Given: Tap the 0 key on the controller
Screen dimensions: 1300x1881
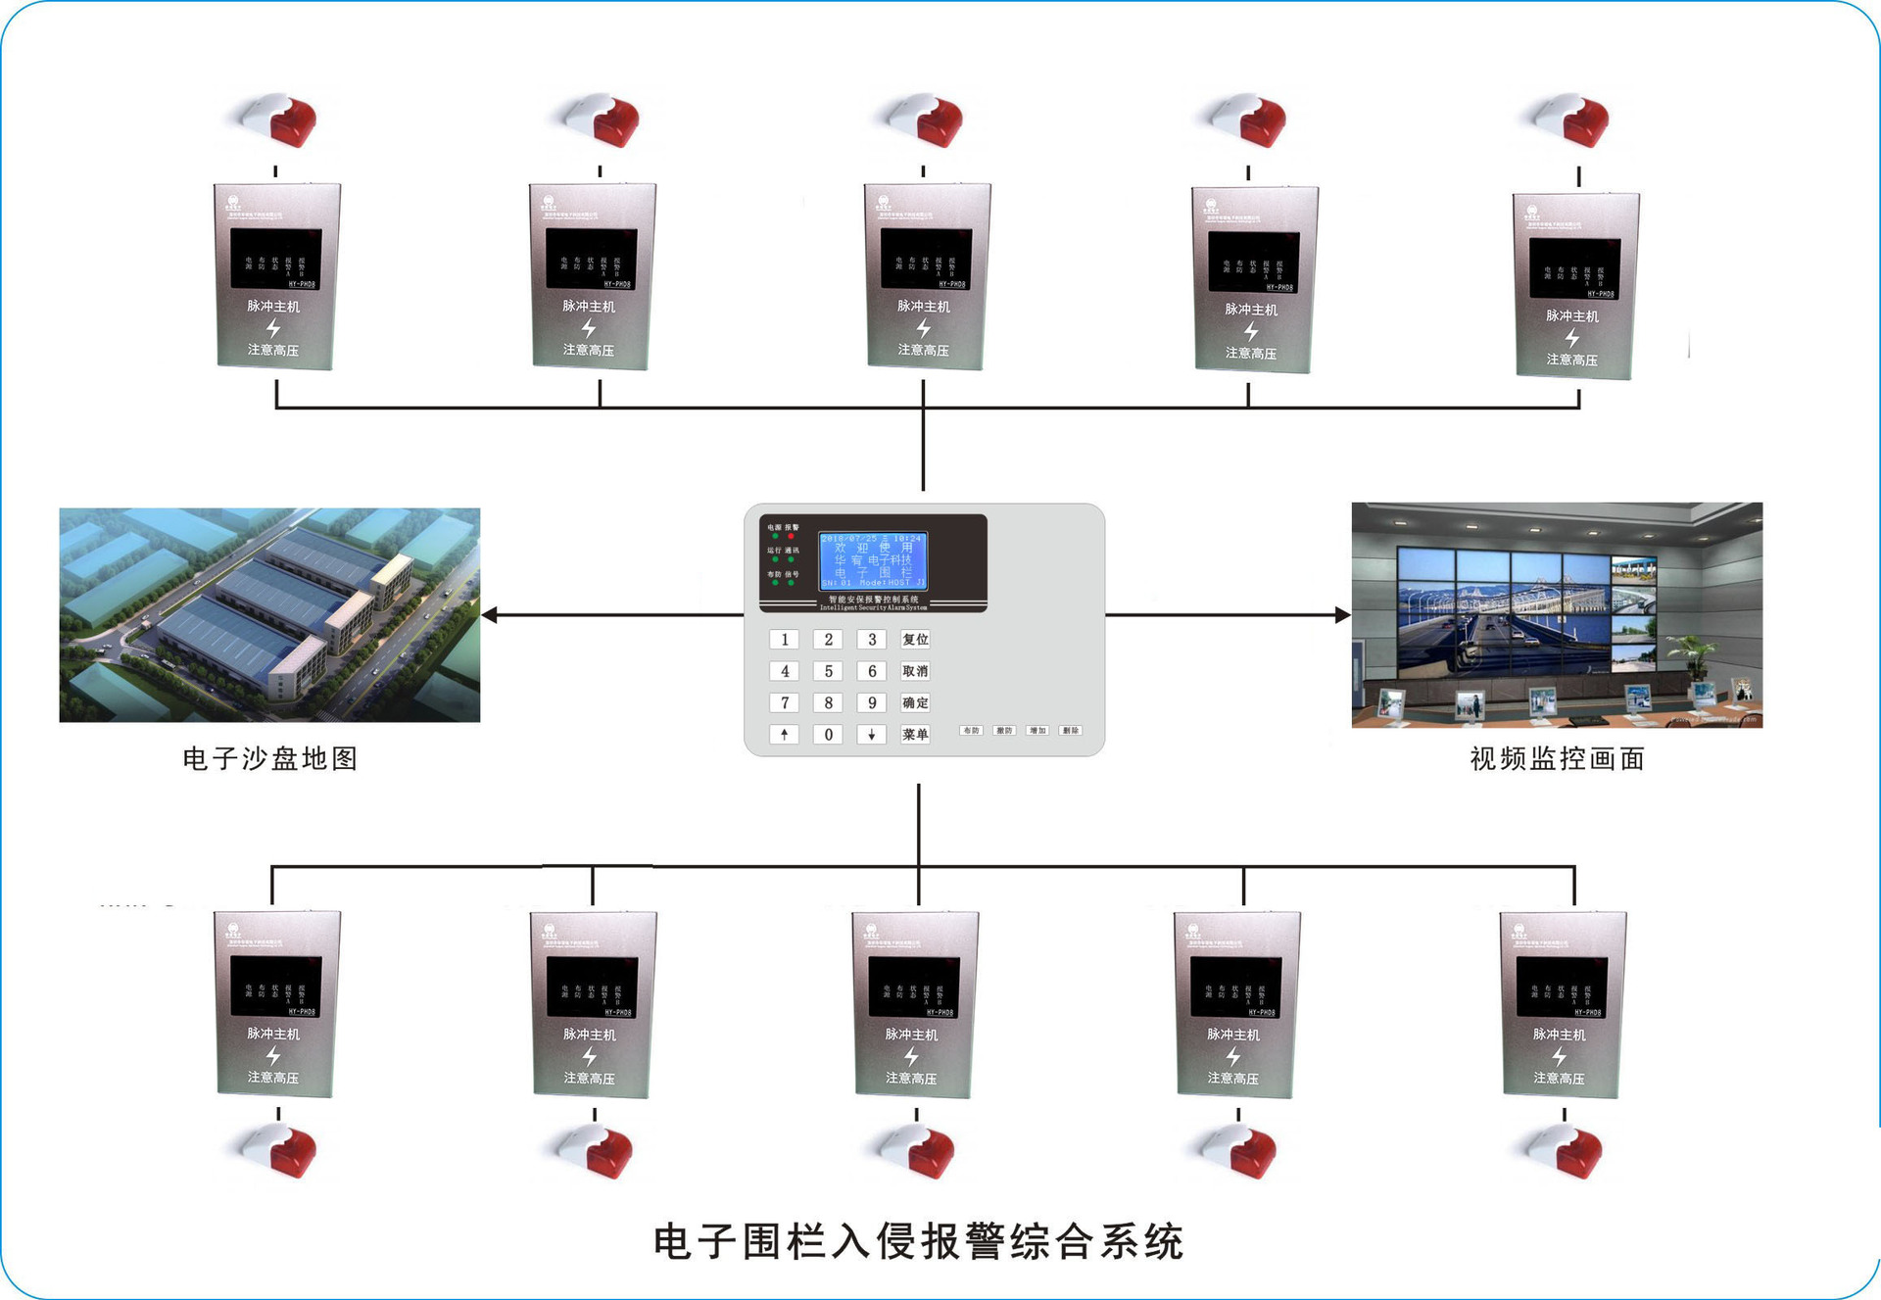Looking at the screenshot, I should point(828,734).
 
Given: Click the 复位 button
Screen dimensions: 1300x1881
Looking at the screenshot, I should point(915,639).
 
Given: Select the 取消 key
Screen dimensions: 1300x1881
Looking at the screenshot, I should point(915,671).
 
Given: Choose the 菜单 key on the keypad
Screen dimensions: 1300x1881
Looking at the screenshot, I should point(915,734).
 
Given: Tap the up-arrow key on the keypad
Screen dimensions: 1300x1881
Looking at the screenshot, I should point(784,734).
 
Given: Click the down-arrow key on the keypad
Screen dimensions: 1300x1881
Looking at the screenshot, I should point(871,734).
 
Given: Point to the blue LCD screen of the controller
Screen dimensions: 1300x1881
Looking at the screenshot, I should point(873,560).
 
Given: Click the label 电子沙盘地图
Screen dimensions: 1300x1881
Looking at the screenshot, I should point(270,758).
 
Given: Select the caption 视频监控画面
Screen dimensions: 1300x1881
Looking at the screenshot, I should point(1557,758).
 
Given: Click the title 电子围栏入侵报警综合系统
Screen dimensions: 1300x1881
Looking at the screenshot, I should point(918,1241).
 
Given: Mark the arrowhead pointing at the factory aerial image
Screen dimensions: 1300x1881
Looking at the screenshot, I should point(490,615).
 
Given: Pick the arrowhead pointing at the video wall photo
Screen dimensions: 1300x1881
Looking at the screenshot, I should point(1342,615).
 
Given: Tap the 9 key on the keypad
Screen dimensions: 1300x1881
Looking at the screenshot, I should point(871,702).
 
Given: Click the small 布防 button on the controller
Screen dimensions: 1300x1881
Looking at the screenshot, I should point(971,731).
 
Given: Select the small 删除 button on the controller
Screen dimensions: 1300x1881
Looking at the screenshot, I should point(1071,731).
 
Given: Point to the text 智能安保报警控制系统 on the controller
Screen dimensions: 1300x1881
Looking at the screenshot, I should point(874,599).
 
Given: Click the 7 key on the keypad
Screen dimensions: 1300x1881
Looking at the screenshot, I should point(784,702).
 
